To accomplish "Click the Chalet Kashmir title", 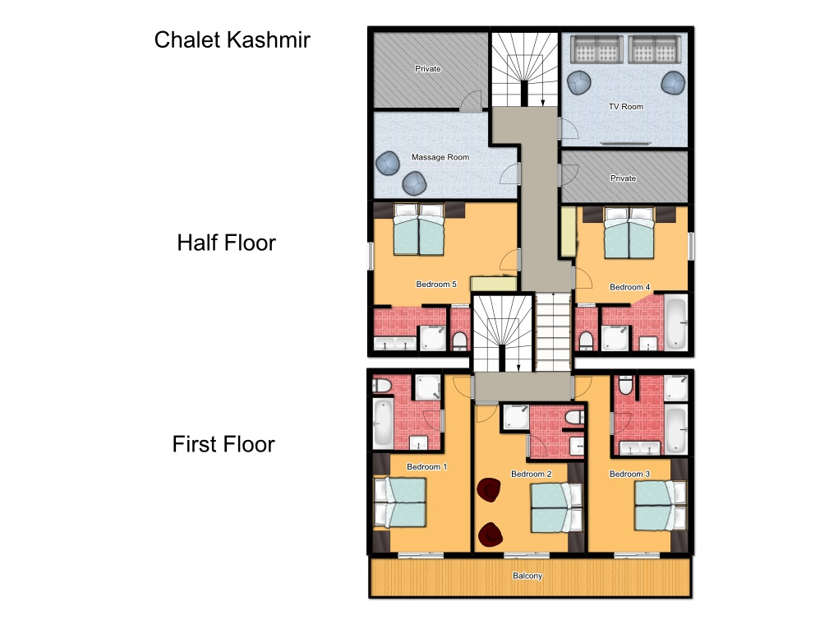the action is (232, 40).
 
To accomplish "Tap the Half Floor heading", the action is (226, 243).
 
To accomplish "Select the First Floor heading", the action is (223, 444).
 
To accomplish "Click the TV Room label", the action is (626, 106).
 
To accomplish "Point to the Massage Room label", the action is (440, 157).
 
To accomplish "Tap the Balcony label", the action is (527, 576).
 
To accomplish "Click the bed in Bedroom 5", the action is (418, 229).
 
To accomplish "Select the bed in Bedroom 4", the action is (629, 233).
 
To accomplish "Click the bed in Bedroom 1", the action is (399, 502).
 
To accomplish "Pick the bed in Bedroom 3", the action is (661, 506).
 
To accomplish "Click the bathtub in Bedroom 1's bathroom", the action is (384, 423).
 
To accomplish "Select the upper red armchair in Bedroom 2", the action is (489, 489).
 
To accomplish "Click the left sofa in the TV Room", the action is (596, 49).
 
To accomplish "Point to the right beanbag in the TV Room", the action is (674, 82).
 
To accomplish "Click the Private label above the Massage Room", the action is (428, 69).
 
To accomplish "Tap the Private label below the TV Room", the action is (623, 178).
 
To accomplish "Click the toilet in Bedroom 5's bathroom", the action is (460, 340).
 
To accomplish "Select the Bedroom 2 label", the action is (531, 475).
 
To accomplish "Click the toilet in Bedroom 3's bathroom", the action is (625, 385).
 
